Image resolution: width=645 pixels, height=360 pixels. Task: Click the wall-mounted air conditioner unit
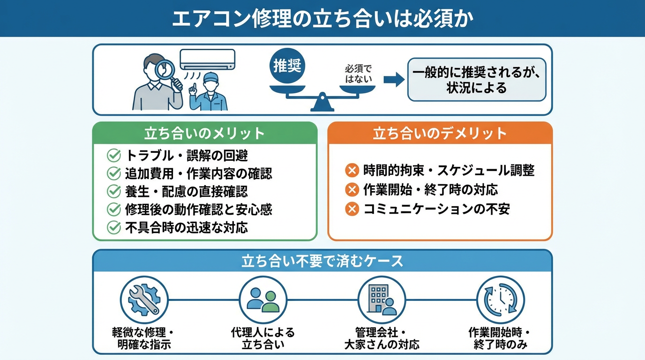[x=208, y=59]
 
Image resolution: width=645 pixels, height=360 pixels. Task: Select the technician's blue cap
[x=210, y=76]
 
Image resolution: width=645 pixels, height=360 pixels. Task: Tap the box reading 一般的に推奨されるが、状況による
[x=476, y=80]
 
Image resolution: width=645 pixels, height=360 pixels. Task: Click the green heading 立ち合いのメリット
[x=204, y=133]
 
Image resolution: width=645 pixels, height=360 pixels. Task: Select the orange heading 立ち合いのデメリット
[x=440, y=133]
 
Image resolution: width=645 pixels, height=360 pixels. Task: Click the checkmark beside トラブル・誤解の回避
[x=114, y=155]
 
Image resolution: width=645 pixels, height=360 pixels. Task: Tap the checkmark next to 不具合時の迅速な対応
[x=114, y=227]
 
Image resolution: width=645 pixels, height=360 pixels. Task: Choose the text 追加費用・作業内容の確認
[x=198, y=173]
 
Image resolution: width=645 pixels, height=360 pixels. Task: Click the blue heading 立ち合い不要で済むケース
[x=322, y=261]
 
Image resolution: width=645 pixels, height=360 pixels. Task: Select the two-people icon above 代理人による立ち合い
[x=262, y=300]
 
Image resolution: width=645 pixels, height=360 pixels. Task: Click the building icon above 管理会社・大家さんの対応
[x=381, y=300]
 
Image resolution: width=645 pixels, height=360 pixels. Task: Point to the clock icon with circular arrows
[x=500, y=300]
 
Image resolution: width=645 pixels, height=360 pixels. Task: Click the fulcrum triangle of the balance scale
[x=322, y=104]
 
